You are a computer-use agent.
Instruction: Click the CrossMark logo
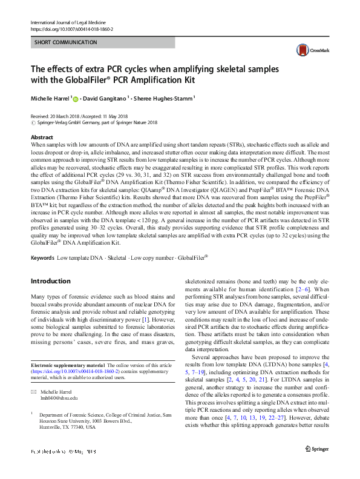pyautogui.click(x=309, y=51)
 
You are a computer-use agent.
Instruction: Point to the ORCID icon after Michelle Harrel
pyautogui.click(x=76, y=97)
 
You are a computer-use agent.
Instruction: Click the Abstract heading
pyautogui.click(x=41, y=137)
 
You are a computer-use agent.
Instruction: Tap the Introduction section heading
pyautogui.click(x=50, y=281)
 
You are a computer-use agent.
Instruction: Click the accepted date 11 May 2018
pyautogui.click(x=123, y=116)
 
